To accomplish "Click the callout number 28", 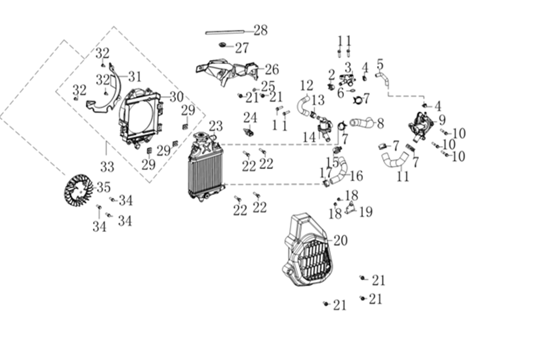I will [261, 30].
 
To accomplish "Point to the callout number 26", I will [272, 70].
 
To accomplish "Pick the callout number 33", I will [107, 167].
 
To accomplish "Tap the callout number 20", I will [341, 240].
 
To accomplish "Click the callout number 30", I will [176, 97].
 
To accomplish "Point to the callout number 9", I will [442, 120].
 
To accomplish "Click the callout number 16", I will [355, 176].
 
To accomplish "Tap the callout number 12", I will [306, 86].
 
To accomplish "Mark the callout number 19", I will [365, 212].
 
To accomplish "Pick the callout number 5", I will [380, 64].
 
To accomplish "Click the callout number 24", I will [250, 117].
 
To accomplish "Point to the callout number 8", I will [380, 122].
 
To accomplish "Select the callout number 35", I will [103, 187].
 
